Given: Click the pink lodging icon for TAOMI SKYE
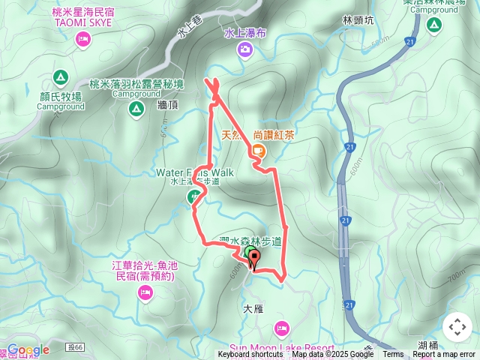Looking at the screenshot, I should [82, 39].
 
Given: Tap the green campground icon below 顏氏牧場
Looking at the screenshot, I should [60, 77].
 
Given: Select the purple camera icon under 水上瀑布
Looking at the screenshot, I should [244, 49].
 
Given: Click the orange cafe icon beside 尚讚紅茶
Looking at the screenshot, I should [257, 151].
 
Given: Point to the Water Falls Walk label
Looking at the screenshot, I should [195, 172].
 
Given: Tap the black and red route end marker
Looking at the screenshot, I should [253, 260].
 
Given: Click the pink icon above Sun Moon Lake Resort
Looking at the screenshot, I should [281, 328].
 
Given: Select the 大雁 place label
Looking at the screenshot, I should [254, 308].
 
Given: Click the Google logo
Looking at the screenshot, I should [28, 350].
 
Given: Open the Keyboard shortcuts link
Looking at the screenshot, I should [251, 355].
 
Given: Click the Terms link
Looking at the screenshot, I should [393, 355].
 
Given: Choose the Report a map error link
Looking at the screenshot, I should [444, 355].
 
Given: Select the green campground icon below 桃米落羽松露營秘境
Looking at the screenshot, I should [135, 109].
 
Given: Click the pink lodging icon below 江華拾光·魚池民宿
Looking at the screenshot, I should [145, 290].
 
